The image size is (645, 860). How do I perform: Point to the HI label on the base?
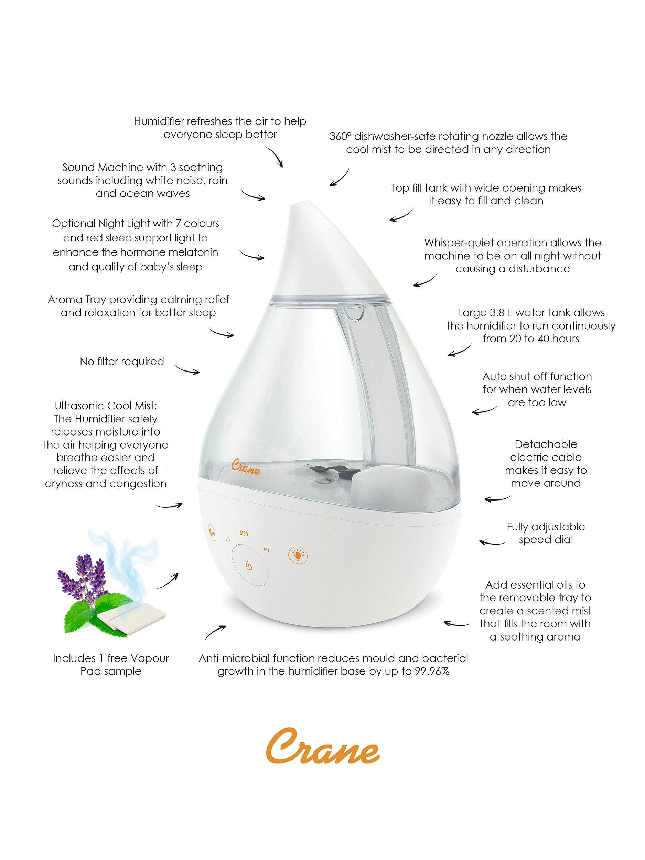(267, 549)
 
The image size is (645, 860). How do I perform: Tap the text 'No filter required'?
(122, 362)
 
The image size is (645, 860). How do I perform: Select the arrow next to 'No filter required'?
(187, 369)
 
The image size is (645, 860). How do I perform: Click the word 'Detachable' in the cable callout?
(546, 444)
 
